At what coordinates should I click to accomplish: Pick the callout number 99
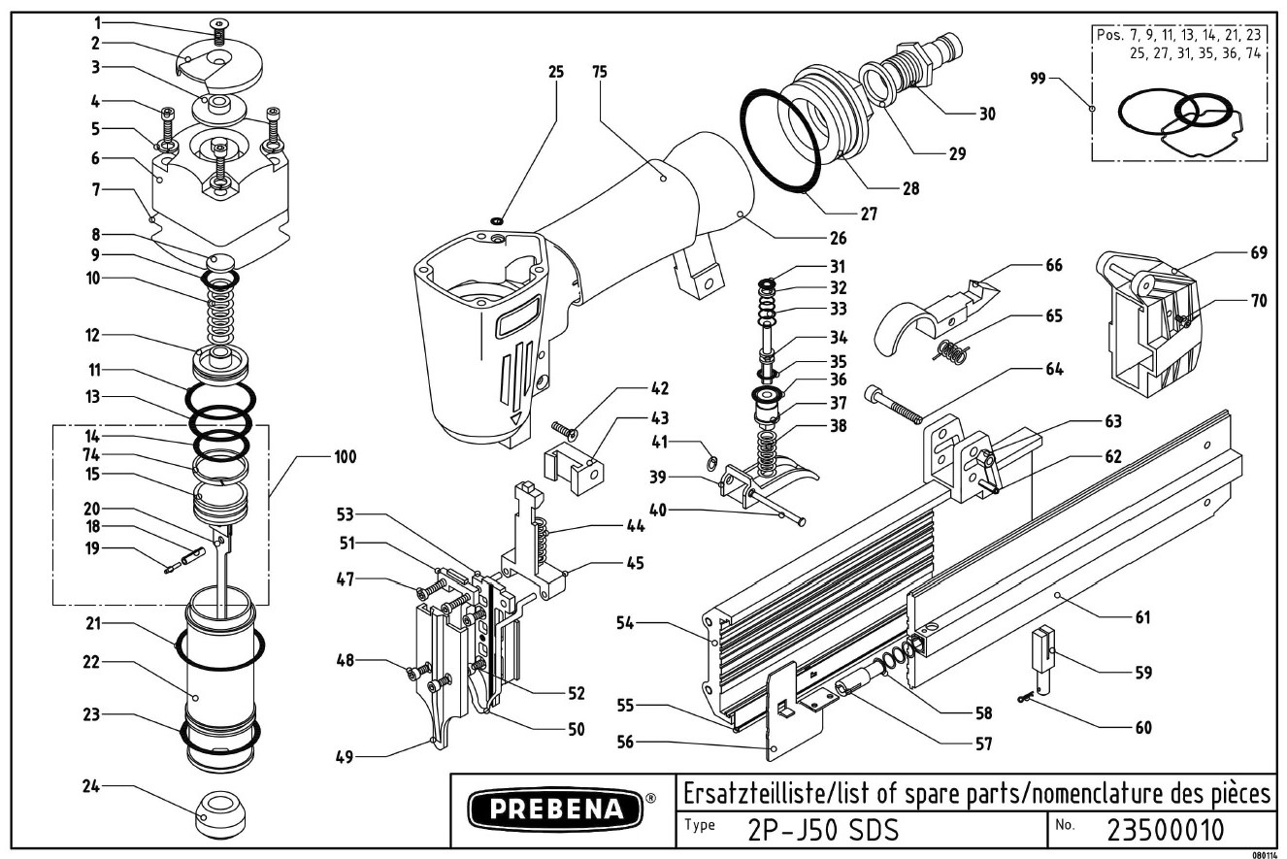[x=1039, y=79]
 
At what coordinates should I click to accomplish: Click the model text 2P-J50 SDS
[x=823, y=831]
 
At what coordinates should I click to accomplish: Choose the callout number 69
[x=1258, y=252]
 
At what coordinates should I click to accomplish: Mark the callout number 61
[x=1142, y=617]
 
